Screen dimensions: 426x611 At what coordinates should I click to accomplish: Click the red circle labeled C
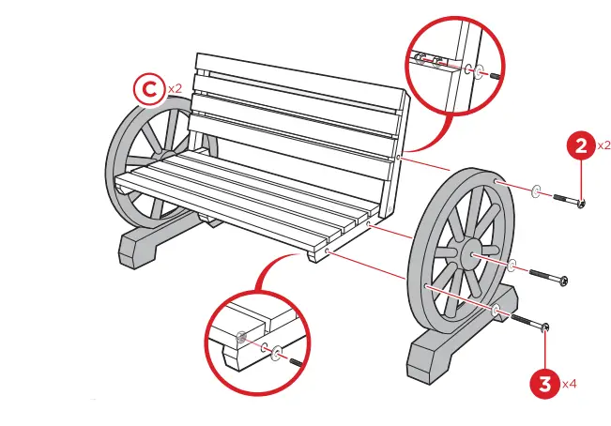[x=146, y=89]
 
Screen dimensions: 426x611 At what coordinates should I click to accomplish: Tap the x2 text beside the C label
[x=175, y=87]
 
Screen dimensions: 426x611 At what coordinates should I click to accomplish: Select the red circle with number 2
[x=581, y=145]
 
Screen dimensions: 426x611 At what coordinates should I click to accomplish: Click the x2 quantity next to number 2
[x=603, y=146]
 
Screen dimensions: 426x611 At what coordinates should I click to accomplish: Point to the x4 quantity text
[x=570, y=384]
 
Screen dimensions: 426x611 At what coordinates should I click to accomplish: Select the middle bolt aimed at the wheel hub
[x=550, y=278]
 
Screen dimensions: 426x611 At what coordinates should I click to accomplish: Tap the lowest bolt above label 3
[x=531, y=323]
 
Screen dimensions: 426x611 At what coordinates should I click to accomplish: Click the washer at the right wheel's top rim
[x=535, y=191]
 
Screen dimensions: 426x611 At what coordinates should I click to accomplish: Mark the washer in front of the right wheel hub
[x=514, y=266]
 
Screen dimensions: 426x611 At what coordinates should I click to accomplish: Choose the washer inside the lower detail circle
[x=274, y=352]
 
